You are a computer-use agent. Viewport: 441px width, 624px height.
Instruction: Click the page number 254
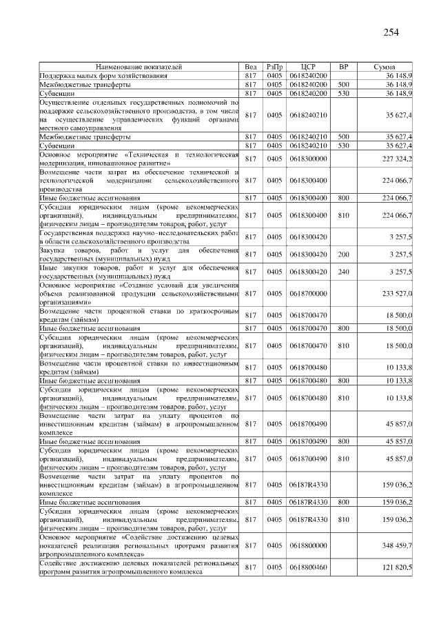point(389,32)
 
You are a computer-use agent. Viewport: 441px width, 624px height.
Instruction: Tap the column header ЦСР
point(308,67)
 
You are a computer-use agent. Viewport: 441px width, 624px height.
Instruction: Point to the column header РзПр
point(274,67)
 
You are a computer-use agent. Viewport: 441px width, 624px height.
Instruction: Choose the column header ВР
point(344,67)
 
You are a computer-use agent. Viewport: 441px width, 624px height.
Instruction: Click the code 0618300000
point(308,159)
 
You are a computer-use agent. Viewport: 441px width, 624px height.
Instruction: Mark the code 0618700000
point(308,294)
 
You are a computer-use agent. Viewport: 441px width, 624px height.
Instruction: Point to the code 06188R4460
point(308,567)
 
